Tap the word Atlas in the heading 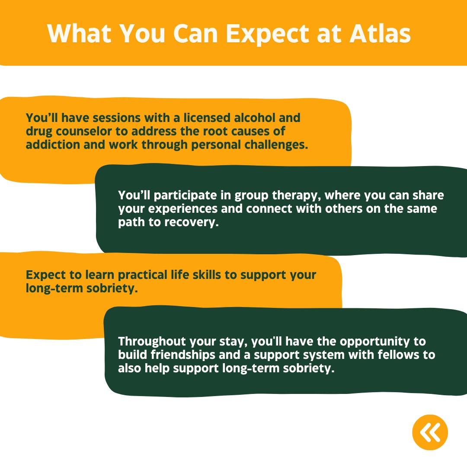(380, 33)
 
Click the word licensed (207, 118)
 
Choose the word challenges (276, 145)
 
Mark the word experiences (183, 209)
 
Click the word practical (143, 275)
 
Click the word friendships (183, 355)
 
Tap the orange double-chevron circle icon (430, 432)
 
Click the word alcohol (255, 118)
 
